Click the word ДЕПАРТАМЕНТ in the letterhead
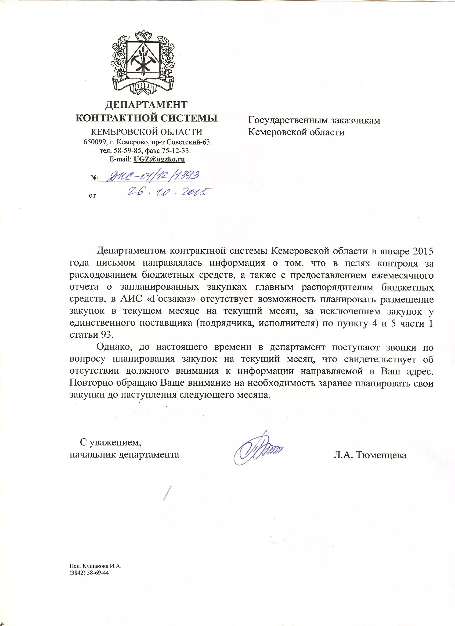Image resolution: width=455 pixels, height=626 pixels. pos(146,105)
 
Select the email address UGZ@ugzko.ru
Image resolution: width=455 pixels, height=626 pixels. pos(159,159)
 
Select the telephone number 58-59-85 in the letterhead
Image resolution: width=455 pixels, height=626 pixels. pos(124,151)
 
